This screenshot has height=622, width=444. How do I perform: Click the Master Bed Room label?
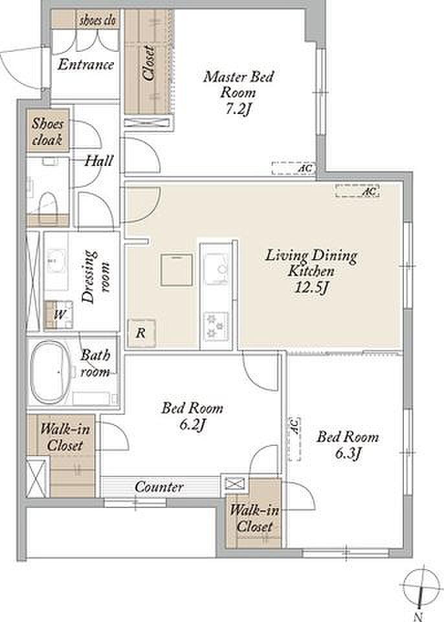(x=238, y=93)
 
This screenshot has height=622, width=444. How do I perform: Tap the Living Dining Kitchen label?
(x=311, y=271)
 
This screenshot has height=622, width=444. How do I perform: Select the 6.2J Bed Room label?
(x=192, y=417)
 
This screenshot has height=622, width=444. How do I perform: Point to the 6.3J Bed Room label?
(x=348, y=445)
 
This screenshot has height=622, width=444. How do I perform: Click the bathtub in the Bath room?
(x=50, y=372)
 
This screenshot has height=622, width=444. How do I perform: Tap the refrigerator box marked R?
(x=141, y=333)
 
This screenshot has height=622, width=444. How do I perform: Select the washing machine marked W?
(x=58, y=315)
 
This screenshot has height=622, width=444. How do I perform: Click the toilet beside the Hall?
(x=49, y=203)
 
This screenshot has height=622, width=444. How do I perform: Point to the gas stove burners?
(x=216, y=326)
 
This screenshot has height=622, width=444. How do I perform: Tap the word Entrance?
(x=85, y=65)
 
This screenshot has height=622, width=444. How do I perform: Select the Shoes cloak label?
(x=47, y=132)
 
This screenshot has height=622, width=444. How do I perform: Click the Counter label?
(x=159, y=487)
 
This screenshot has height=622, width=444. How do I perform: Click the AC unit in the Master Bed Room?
(x=293, y=168)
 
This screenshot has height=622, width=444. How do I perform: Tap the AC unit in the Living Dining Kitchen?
(x=357, y=190)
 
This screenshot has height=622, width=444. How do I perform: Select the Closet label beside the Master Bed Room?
(x=149, y=63)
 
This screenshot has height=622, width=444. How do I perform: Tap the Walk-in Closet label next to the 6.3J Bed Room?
(x=254, y=518)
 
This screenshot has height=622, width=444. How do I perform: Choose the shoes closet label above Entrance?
(x=98, y=21)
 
